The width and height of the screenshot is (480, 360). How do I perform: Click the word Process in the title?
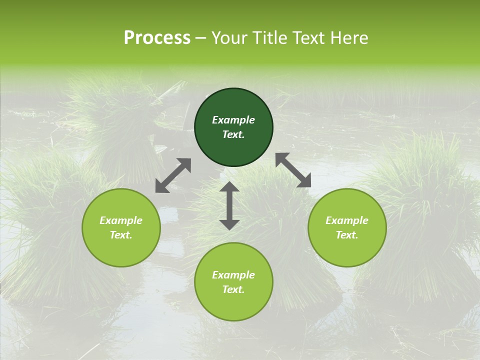click(157, 38)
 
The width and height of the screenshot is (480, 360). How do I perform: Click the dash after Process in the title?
click(201, 39)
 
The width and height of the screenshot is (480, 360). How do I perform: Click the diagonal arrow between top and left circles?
click(173, 175)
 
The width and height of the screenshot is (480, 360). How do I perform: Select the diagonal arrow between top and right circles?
click(293, 170)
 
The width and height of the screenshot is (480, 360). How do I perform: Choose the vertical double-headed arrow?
click(229, 205)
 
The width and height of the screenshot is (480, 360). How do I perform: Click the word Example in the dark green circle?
click(233, 120)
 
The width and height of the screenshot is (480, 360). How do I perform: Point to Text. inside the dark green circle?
click(233, 134)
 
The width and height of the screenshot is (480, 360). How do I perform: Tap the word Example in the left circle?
click(121, 220)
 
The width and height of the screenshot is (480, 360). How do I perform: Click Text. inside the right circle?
click(347, 235)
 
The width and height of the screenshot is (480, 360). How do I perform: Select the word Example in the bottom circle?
click(233, 275)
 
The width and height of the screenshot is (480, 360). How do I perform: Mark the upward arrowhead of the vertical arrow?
click(229, 187)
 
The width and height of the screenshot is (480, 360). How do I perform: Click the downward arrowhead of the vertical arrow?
click(229, 224)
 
